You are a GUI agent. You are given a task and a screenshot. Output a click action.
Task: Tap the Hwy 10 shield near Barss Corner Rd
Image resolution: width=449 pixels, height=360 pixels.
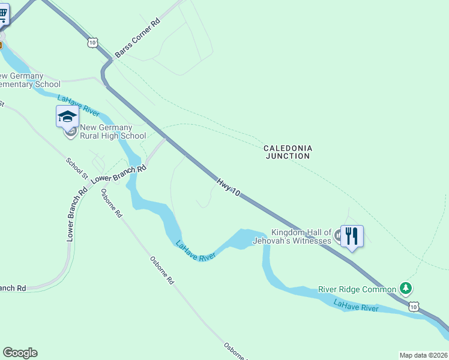[91, 41]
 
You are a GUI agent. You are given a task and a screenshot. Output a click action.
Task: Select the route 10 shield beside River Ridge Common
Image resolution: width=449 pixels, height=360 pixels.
[414, 306]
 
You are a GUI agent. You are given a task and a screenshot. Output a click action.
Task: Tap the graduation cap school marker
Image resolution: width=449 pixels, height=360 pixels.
[67, 115]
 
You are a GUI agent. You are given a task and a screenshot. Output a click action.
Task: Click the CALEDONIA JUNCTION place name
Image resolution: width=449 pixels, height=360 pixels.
[288, 152]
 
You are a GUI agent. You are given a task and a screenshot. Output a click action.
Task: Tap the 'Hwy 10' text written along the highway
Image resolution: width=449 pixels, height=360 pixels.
[229, 187]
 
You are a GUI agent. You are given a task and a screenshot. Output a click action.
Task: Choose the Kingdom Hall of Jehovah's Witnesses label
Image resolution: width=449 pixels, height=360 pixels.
[301, 236]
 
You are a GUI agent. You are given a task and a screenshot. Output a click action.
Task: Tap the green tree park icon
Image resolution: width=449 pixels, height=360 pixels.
[407, 289]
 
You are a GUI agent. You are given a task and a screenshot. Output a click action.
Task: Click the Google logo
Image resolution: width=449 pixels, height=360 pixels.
[20, 353]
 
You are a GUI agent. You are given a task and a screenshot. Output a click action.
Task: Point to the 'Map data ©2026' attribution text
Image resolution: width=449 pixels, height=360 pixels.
[423, 355]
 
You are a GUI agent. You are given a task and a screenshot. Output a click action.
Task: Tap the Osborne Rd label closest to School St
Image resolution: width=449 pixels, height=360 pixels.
[112, 203]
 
